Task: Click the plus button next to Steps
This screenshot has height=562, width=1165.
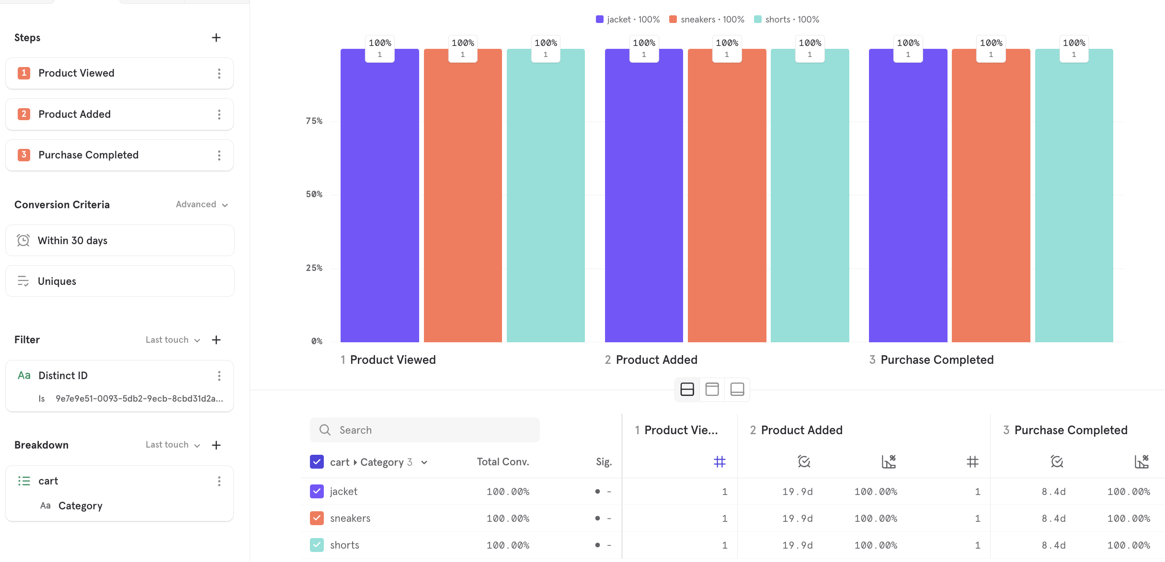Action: [216, 38]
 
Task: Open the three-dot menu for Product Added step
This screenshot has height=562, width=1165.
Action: [219, 114]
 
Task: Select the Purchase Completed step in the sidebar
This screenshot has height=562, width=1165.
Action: [88, 155]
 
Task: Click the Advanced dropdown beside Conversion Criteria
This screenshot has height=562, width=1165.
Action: [201, 204]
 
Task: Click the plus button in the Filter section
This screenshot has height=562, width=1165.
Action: [216, 340]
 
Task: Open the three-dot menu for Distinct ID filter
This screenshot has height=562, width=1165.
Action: [219, 376]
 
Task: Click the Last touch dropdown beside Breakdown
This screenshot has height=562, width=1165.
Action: [172, 445]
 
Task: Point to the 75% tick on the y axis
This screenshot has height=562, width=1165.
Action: [314, 121]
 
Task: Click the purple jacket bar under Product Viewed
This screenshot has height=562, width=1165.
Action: [379, 201]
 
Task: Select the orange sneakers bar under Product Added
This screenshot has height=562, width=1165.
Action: [727, 201]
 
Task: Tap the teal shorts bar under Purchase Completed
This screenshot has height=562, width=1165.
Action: [1074, 201]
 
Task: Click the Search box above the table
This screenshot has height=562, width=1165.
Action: [424, 430]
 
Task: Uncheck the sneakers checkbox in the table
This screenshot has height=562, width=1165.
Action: [317, 518]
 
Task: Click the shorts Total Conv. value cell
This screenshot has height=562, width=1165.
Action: [507, 545]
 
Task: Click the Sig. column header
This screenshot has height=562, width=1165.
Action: [604, 462]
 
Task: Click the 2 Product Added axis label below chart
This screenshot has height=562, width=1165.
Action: [651, 360]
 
